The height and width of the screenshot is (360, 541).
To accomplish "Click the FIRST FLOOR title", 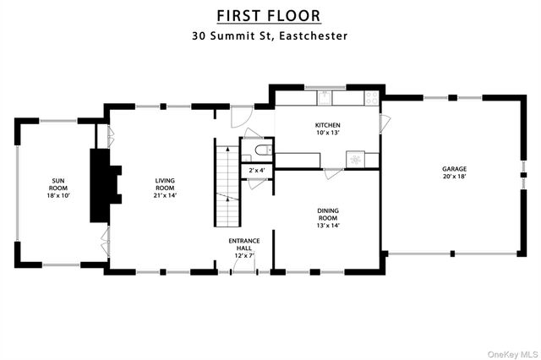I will click(270, 15).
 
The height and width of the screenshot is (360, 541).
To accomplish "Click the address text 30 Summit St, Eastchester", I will click(270, 36).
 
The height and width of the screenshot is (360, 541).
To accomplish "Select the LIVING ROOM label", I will click(164, 184).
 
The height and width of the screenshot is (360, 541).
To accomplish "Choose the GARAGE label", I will click(453, 169).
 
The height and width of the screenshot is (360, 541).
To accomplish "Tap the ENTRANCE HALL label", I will click(243, 245).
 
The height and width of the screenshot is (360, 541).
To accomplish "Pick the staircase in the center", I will click(227, 185).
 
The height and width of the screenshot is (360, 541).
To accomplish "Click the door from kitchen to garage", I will click(385, 123).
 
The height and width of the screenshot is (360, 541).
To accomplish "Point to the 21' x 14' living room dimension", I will click(164, 195).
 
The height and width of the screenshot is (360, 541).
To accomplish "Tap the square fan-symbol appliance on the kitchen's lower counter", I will click(356, 159).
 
